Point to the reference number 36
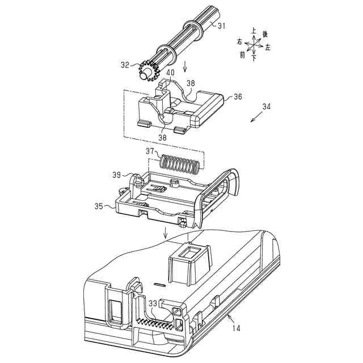(x=237, y=97)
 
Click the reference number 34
(x=267, y=106)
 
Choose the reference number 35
(x=99, y=207)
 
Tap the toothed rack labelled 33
(x=156, y=324)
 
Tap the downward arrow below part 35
(x=165, y=231)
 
